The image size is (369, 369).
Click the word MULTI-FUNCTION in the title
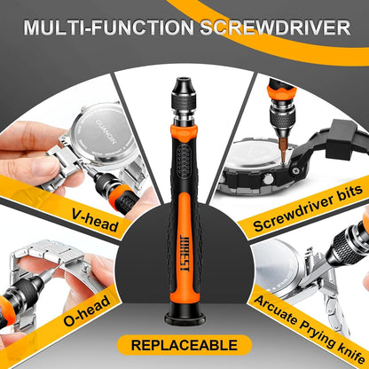108,27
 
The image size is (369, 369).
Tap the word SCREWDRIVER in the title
275,27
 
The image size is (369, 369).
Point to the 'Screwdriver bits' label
308,208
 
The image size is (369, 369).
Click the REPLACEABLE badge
184,345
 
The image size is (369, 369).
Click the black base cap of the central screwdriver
184,318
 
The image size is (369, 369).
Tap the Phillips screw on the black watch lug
295,170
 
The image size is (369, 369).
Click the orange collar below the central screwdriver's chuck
184,133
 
